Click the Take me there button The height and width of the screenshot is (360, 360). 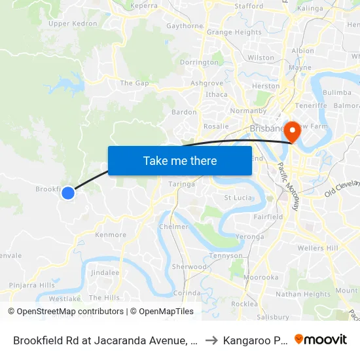point(180,160)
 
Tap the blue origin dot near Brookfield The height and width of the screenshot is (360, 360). point(68,192)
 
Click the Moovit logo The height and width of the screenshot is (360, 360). point(321,340)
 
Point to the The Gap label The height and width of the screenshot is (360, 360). point(134,83)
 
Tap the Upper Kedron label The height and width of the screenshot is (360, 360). point(73,24)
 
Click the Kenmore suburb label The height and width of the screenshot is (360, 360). point(111,234)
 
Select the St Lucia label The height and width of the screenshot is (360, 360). point(238,197)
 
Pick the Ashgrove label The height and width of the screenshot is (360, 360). point(206,83)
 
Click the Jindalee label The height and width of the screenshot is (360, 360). point(105,272)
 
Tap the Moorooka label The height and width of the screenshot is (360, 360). point(261,278)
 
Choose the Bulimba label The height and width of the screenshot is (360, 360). point(337,93)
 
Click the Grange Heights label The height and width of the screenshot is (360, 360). point(234,32)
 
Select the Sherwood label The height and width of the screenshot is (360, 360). point(189,267)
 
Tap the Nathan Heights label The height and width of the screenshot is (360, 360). point(303,295)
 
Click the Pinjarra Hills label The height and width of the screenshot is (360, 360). point(31,285)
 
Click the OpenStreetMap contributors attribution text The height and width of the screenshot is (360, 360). point(66,312)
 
